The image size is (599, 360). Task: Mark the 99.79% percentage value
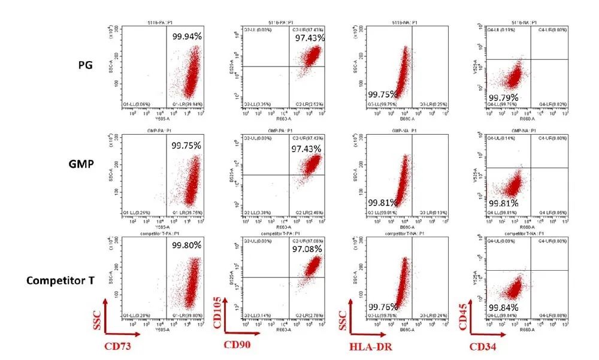point(504,98)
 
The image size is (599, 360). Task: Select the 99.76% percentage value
point(382,308)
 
